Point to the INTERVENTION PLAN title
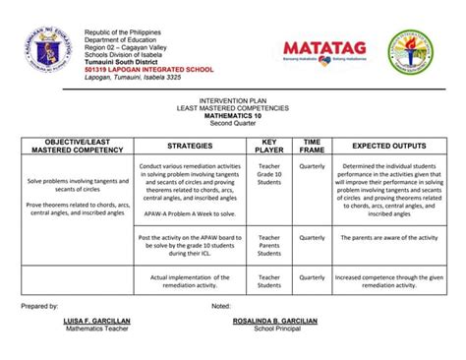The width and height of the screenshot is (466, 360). [233, 101]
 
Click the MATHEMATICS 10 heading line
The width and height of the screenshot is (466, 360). [233, 115]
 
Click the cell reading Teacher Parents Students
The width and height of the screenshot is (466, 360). [269, 245]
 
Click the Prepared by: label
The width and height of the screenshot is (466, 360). [40, 307]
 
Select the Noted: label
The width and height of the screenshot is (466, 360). [221, 307]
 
